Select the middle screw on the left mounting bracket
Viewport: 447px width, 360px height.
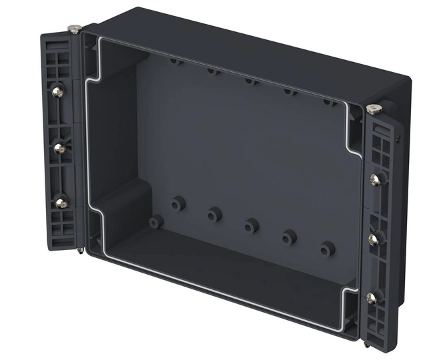tap(59, 148)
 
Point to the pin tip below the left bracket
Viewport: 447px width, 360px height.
tap(81, 251)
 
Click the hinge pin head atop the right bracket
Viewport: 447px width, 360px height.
tap(373, 109)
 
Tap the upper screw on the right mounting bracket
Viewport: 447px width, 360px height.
tap(374, 179)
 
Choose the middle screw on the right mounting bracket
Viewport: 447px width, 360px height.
tap(373, 237)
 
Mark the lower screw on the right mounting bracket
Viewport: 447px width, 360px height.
tap(372, 297)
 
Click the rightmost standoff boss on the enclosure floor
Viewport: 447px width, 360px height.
tap(326, 249)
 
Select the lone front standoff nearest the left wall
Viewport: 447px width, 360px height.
tap(156, 221)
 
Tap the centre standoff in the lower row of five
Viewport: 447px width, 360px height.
tap(252, 225)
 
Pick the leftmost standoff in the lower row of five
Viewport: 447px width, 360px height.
tap(177, 203)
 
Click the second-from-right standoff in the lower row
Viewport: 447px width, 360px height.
tap(289, 237)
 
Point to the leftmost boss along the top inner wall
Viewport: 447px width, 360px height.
tap(175, 61)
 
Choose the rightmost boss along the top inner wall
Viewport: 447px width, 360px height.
tap(328, 102)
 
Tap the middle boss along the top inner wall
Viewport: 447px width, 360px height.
tap(250, 81)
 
